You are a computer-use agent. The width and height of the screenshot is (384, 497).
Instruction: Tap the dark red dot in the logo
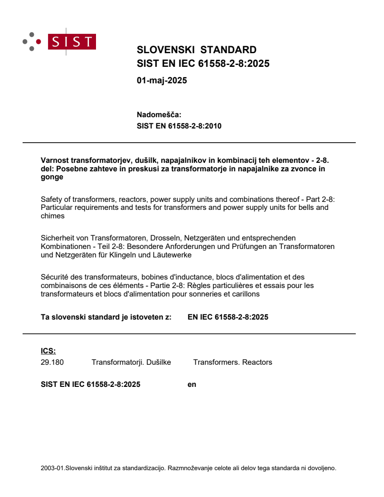click(x=39, y=41)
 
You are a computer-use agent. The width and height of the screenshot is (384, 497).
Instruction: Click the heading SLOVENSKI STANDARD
click(x=196, y=50)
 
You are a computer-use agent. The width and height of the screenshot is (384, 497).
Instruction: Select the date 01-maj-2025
click(x=161, y=80)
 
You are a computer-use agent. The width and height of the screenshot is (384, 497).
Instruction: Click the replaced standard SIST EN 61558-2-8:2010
click(x=179, y=126)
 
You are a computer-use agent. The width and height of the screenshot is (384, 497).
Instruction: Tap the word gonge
click(x=52, y=177)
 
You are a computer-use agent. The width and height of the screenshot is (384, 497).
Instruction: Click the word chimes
click(x=53, y=216)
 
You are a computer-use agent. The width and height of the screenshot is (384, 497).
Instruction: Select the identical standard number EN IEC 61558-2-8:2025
click(x=228, y=317)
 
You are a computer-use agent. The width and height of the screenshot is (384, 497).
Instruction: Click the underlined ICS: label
click(x=48, y=351)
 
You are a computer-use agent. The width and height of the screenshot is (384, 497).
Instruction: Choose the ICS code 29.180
click(x=52, y=362)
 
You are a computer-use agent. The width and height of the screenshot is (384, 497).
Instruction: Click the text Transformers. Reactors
click(x=232, y=362)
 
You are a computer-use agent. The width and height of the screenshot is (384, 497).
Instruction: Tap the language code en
click(x=192, y=385)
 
